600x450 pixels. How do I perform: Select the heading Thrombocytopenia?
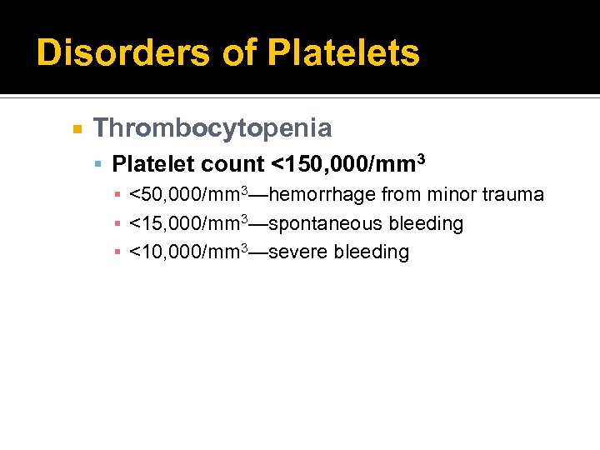[x=212, y=128]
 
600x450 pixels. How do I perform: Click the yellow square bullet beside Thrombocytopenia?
[x=76, y=129]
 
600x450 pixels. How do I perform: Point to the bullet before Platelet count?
[x=98, y=162]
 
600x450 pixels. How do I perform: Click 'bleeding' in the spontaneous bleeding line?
[x=426, y=223]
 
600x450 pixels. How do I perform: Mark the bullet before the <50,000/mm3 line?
[x=119, y=196]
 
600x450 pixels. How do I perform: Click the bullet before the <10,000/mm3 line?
[x=119, y=252]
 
